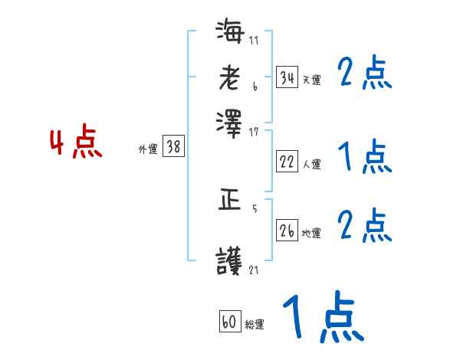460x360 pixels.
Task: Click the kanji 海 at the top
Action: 229,34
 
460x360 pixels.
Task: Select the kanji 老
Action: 229,77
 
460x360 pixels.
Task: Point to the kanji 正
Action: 229,201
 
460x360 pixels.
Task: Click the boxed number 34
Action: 287,77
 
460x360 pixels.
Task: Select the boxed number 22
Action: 287,162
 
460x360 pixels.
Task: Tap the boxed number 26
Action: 287,231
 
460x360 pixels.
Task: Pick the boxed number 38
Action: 173,148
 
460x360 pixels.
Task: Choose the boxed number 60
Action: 228,322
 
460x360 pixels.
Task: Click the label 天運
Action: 311,80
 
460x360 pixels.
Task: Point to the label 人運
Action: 311,164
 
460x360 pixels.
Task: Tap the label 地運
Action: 311,234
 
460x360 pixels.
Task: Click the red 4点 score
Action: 75,144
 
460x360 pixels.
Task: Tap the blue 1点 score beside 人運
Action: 364,158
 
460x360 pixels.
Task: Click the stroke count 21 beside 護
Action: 255,270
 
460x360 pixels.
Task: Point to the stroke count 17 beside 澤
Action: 255,130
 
